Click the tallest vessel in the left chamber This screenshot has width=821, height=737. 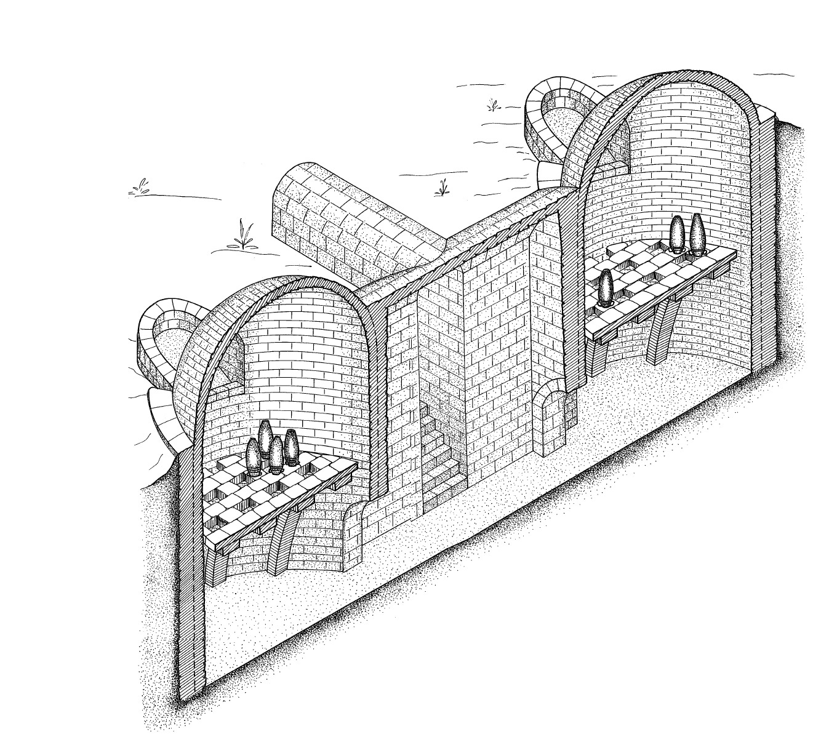[x=265, y=437]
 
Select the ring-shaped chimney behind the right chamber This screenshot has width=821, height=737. [x=554, y=117]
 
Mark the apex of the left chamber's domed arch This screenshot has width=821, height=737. [x=289, y=280]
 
